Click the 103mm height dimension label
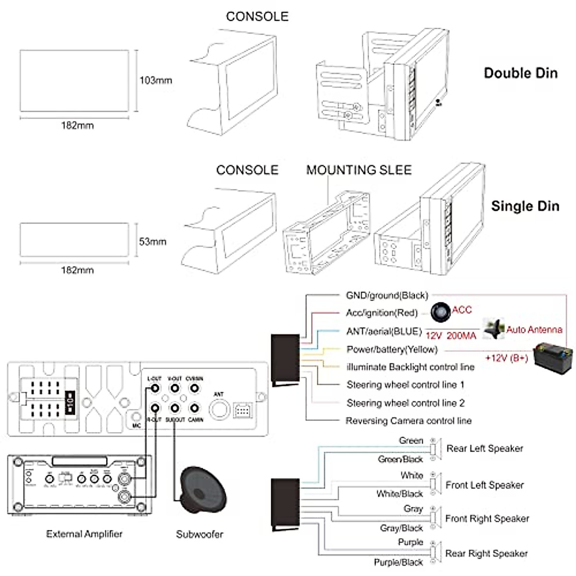pyautogui.click(x=156, y=80)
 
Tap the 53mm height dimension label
pyautogui.click(x=153, y=241)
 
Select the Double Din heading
pyautogui.click(x=521, y=73)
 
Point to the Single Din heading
pyautogui.click(x=525, y=206)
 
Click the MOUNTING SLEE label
pyautogui.click(x=359, y=170)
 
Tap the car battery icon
pyautogui.click(x=554, y=357)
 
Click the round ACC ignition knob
pyautogui.click(x=440, y=312)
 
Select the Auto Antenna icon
pyautogui.click(x=493, y=329)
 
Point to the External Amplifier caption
pyautogui.click(x=84, y=534)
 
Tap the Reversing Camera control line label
pyautogui.click(x=408, y=421)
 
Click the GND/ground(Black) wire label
pyautogui.click(x=387, y=295)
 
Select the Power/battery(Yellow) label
pyautogui.click(x=392, y=349)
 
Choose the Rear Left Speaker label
pyautogui.click(x=484, y=448)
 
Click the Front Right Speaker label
pyautogui.click(x=487, y=518)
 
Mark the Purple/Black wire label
pyautogui.click(x=398, y=562)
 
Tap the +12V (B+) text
pyautogui.click(x=506, y=358)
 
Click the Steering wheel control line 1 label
pyautogui.click(x=406, y=385)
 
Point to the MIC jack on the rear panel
pyautogui.click(x=136, y=417)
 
